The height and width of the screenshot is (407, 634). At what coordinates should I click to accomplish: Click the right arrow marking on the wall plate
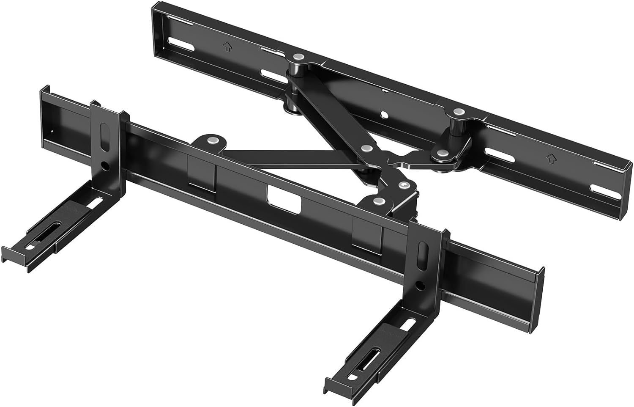click(551, 159)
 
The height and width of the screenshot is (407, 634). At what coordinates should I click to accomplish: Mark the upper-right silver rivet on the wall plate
click(459, 112)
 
